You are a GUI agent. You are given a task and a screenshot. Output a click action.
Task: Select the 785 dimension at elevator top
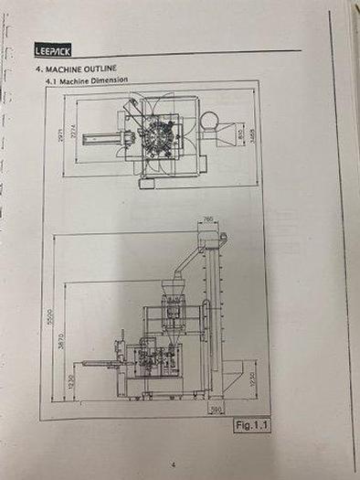(208, 219)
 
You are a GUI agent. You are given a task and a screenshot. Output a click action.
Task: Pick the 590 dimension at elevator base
(217, 411)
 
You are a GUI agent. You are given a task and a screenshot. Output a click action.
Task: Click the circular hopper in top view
(209, 120)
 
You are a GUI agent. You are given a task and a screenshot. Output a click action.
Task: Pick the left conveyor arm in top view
(101, 141)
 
